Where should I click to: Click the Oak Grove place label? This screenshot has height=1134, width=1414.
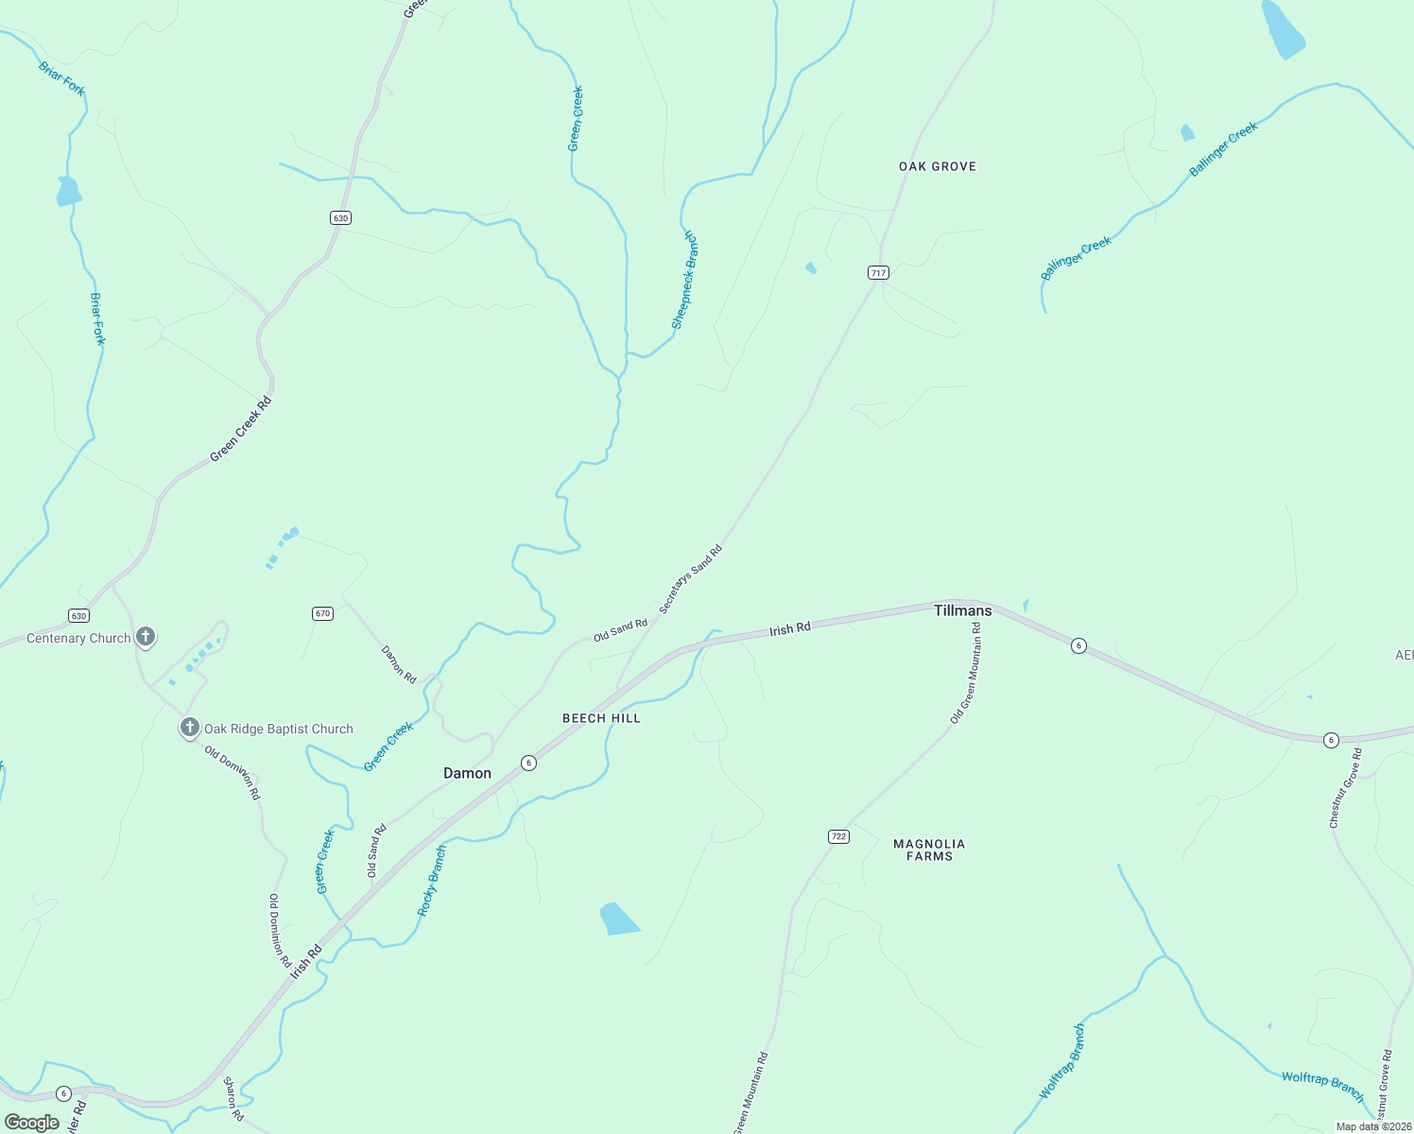937,166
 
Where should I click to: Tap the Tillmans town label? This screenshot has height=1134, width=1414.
962,610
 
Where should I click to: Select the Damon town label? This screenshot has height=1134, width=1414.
467,773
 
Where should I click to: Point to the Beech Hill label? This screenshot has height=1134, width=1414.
601,718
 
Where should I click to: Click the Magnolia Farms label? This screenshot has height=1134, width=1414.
929,850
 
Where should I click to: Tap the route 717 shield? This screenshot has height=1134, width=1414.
878,273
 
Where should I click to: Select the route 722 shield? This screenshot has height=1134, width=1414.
838,836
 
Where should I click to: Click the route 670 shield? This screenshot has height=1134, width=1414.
322,613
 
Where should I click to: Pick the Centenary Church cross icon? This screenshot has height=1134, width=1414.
146,637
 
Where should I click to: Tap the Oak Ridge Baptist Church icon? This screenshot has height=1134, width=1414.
190,728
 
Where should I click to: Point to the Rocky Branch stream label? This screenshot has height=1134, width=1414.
432,881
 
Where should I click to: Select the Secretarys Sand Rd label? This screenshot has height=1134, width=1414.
690,579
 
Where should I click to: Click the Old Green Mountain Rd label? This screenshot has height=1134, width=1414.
965,673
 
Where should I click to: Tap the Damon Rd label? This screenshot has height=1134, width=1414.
399,664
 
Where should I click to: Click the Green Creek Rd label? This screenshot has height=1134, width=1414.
240,429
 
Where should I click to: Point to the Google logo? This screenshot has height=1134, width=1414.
31,1123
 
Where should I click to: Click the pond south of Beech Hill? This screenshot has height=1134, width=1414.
618,919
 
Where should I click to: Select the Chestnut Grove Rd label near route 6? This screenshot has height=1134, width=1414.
1345,788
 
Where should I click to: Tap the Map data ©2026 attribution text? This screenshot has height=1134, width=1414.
1371,1126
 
